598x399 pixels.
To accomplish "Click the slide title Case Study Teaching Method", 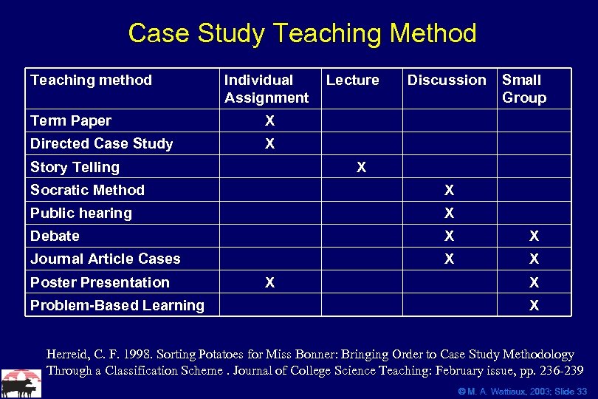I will point(302,34).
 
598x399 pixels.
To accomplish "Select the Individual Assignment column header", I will point(266,89).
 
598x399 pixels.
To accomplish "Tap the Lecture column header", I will point(352,80).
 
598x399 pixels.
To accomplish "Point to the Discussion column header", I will point(447,80).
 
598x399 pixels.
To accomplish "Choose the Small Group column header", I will point(523,89).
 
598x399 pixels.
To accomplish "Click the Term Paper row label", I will point(71,120).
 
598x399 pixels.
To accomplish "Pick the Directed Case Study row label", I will point(101,143).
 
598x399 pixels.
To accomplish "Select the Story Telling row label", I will point(75,167).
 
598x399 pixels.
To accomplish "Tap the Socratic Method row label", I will point(87,190).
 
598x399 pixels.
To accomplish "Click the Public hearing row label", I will point(80,213).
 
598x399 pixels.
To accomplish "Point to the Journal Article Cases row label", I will point(105,259).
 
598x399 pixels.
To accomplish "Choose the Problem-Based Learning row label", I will point(117,305).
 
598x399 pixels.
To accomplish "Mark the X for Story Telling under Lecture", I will point(361,167).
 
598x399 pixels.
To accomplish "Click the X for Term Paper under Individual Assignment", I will point(269,120).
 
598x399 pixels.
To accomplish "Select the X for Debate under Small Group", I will point(534,236).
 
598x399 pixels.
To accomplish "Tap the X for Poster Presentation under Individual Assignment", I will point(269,282).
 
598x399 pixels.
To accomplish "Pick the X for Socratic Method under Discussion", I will point(449,191).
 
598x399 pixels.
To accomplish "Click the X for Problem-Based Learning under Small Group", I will point(534,305).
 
